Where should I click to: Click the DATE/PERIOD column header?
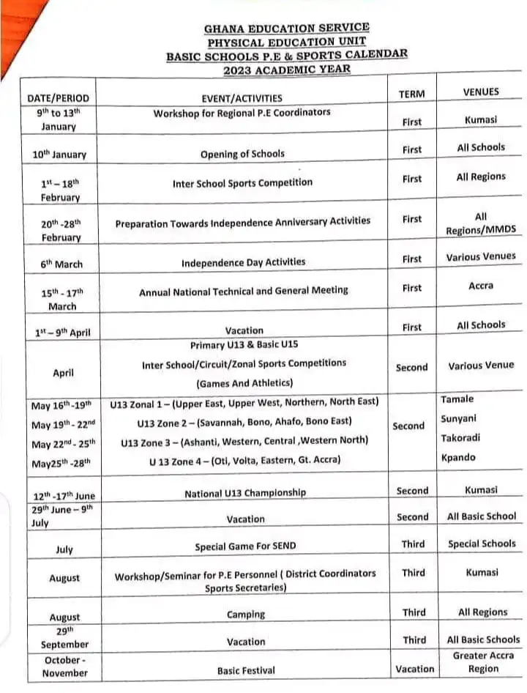tap(58, 97)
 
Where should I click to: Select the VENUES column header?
tap(481, 92)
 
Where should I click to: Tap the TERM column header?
tap(411, 94)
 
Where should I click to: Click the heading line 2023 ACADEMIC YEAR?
tap(287, 70)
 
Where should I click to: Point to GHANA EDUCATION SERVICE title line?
tap(286, 28)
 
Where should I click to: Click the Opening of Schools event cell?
tap(242, 154)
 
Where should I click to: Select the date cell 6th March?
tap(58, 264)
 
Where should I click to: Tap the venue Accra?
tap(481, 286)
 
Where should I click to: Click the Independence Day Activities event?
tap(244, 262)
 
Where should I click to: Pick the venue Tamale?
tap(457, 399)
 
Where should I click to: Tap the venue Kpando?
tap(458, 457)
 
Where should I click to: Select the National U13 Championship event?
tap(245, 493)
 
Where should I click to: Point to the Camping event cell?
tap(246, 614)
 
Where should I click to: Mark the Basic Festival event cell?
tap(246, 670)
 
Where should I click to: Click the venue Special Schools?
tap(482, 544)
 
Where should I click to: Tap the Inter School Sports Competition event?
tap(242, 182)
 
